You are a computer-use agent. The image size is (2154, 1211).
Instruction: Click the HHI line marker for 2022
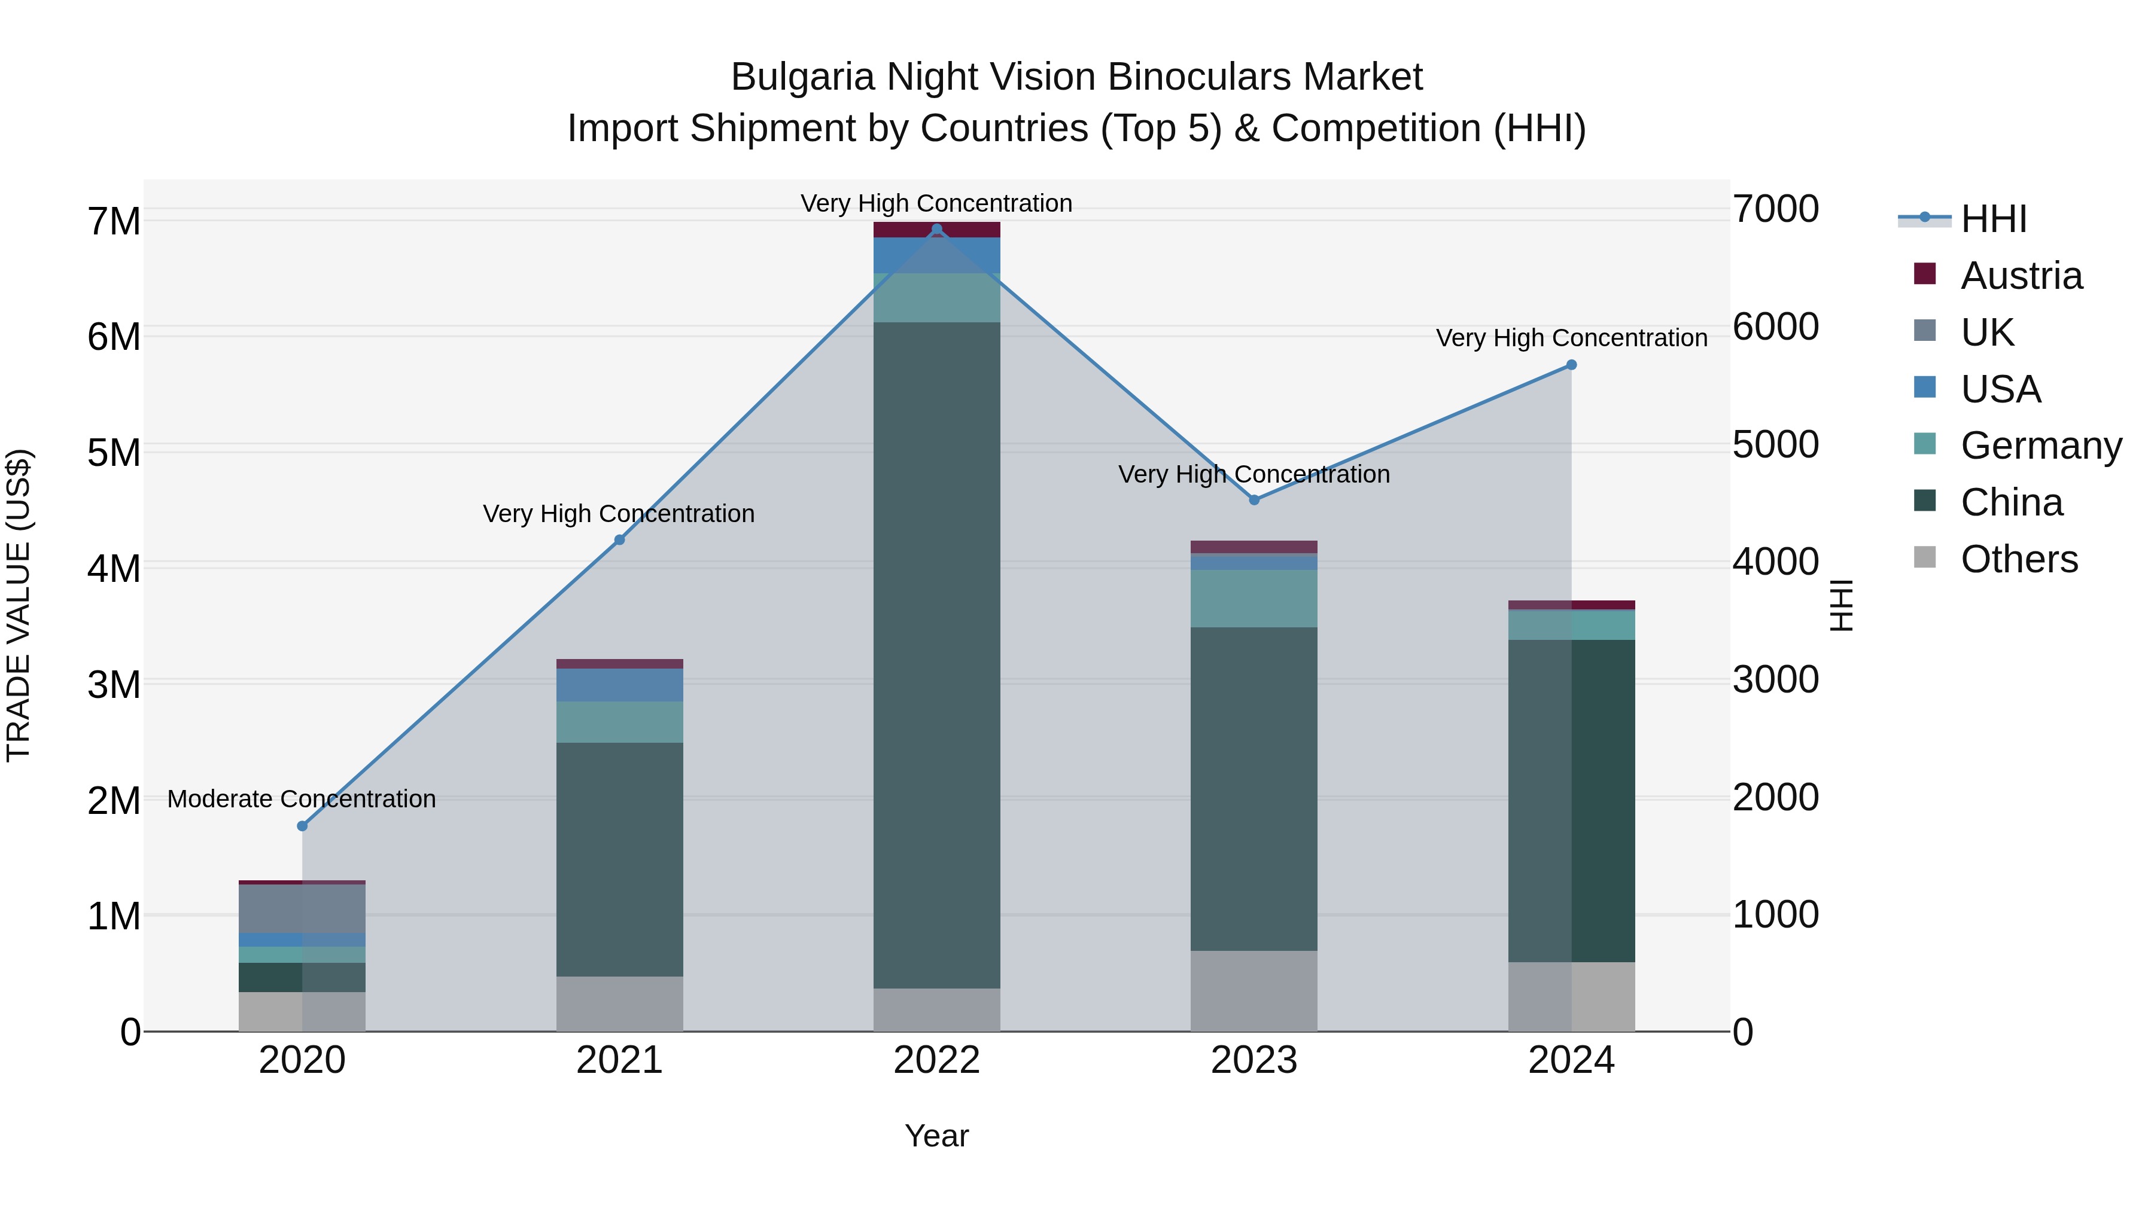pos(936,230)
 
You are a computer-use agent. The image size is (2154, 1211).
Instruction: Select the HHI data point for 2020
pos(303,826)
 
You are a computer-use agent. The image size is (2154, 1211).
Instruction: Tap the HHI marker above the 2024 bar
pos(1571,365)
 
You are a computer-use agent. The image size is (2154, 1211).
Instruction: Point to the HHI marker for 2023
pos(1254,500)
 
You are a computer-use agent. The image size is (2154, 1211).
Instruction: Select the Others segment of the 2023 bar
pos(1254,990)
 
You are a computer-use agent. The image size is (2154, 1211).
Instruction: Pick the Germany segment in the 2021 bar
pos(620,721)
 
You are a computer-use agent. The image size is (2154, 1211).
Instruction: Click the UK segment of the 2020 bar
pos(303,908)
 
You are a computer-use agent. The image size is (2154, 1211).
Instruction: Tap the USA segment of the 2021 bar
pos(620,685)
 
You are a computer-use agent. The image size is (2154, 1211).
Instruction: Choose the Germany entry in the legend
pos(2040,446)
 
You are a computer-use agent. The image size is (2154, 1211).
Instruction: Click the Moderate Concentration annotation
pos(302,799)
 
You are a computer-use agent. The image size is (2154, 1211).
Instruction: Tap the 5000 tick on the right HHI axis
pos(1775,444)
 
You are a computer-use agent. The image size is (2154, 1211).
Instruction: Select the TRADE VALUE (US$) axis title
pos(19,605)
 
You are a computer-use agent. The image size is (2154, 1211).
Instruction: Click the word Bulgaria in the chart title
pos(803,77)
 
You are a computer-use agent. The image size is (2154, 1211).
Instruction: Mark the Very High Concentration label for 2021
pos(619,513)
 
